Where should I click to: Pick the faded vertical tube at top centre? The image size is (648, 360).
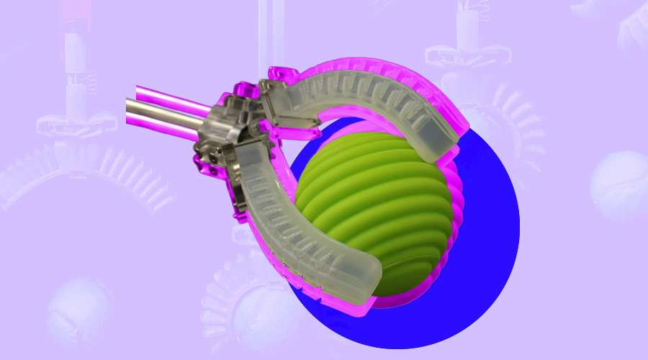click(x=269, y=29)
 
